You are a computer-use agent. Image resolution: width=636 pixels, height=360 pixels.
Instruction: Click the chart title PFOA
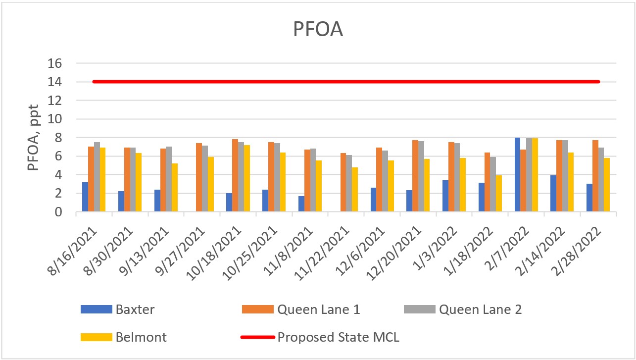coord(318,29)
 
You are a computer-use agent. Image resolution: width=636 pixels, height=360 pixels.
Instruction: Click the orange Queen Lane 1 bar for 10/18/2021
coord(235,176)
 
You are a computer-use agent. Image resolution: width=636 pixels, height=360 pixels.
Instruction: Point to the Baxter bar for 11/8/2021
coord(301,204)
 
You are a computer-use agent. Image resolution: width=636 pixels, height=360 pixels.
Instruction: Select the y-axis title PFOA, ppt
coord(33,138)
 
